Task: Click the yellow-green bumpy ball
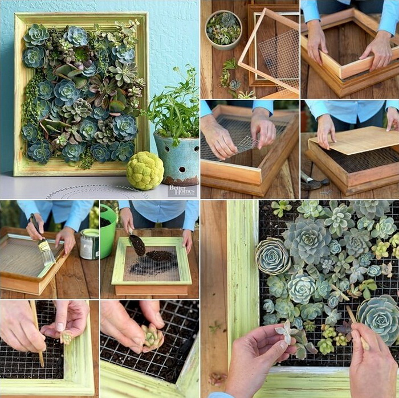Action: tap(145, 170)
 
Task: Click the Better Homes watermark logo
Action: tap(182, 190)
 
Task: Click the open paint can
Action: tap(89, 244)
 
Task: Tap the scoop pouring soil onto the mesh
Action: tap(137, 244)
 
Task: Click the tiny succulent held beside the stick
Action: tap(67, 337)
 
